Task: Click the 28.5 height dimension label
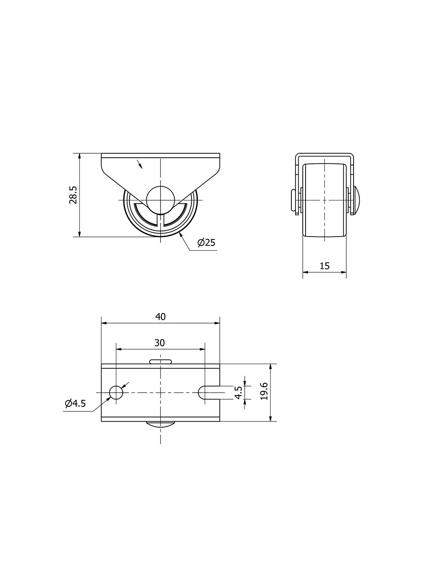click(73, 195)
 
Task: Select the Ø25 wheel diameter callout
click(206, 242)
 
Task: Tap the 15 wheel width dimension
click(324, 266)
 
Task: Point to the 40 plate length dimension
click(161, 317)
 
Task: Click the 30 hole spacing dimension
click(160, 343)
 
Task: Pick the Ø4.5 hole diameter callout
click(75, 404)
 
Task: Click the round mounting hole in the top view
click(116, 392)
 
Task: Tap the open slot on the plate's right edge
click(209, 392)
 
